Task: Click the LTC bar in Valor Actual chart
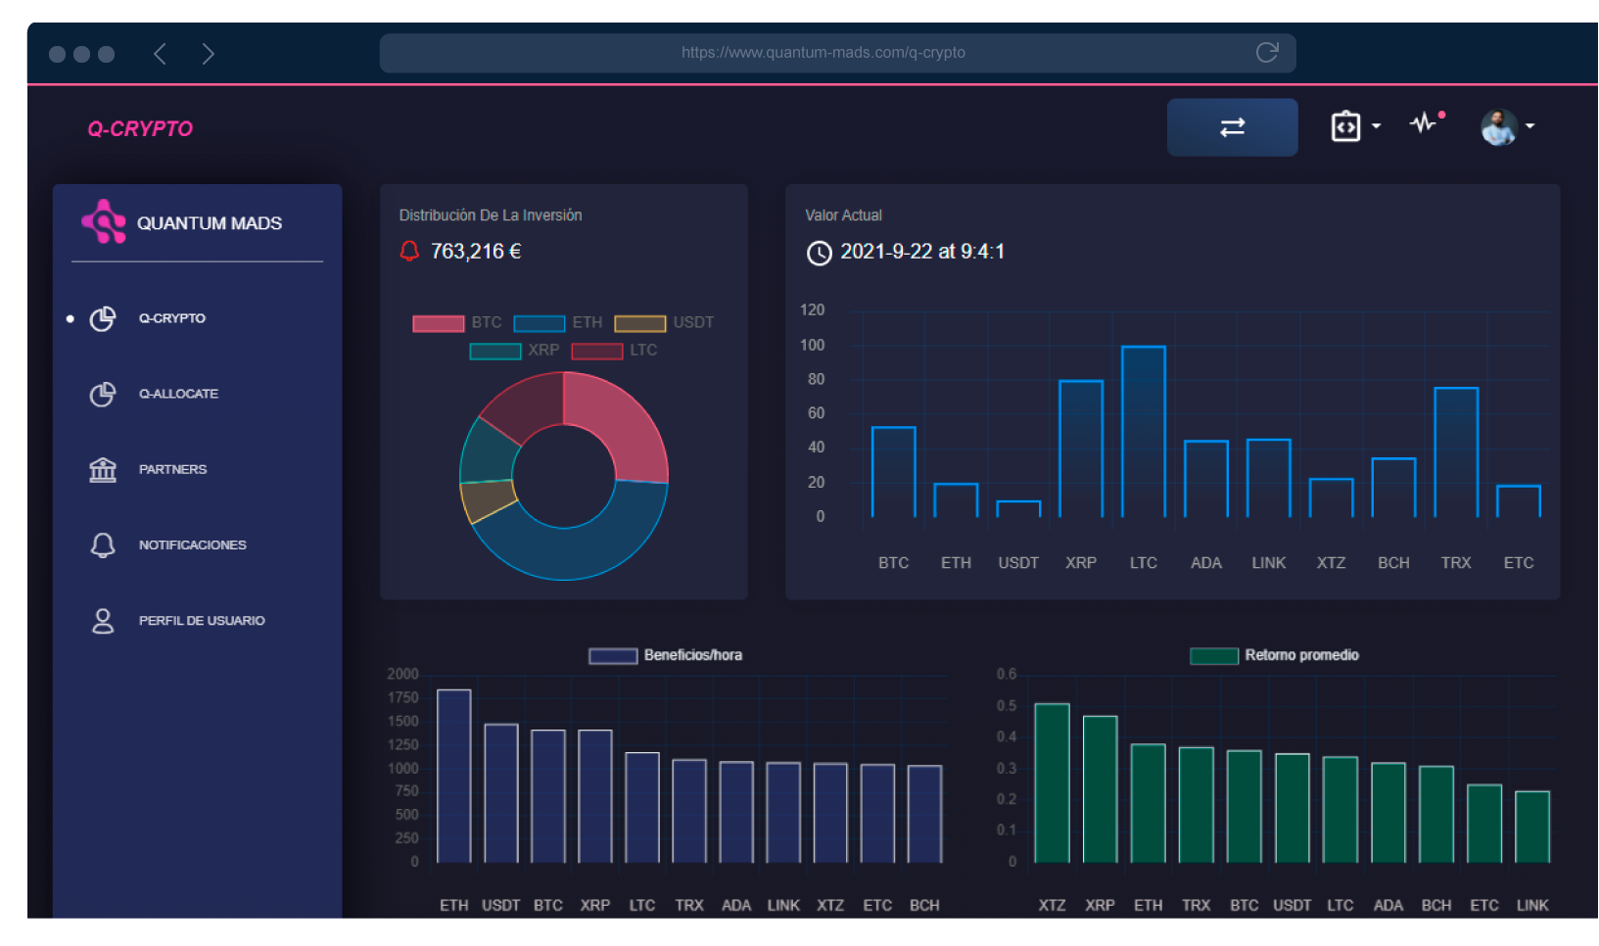tap(1143, 432)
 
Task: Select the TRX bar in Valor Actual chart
tap(1456, 452)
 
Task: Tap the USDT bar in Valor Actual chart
tap(1018, 509)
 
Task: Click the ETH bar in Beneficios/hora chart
tap(453, 777)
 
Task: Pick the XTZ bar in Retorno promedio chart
tap(1052, 783)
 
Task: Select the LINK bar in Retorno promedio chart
tap(1532, 828)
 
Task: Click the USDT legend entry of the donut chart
tap(665, 323)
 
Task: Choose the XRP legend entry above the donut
tap(516, 351)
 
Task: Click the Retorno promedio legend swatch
tap(1214, 655)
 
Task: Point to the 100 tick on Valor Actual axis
tap(812, 345)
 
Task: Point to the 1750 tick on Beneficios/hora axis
tap(402, 697)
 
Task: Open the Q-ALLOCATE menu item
tap(178, 394)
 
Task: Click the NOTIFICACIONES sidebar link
tap(192, 544)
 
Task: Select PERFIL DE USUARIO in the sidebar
tap(202, 621)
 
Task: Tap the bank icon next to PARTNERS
tap(103, 469)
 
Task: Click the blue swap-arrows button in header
tap(1232, 127)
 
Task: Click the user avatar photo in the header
tap(1498, 127)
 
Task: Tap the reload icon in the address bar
tap(1267, 53)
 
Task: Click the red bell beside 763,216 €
tap(409, 252)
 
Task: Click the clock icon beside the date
tap(819, 254)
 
